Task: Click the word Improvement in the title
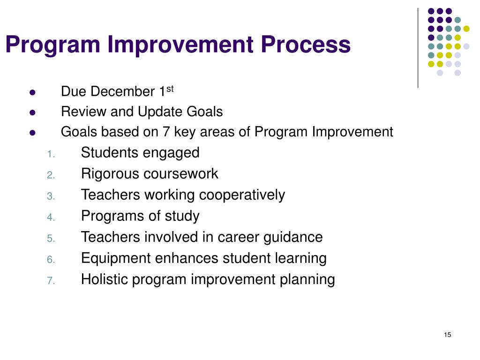(180, 45)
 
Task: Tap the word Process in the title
(306, 45)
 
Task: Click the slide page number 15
(448, 335)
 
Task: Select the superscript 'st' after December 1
(170, 89)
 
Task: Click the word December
(123, 91)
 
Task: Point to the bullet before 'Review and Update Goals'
(32, 112)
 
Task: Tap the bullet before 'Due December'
(32, 92)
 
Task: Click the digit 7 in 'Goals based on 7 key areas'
(166, 132)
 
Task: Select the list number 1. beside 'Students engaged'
(51, 154)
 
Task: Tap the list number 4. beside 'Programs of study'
(51, 217)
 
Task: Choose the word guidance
(293, 237)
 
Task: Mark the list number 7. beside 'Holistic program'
(51, 281)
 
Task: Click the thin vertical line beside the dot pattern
(418, 48)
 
